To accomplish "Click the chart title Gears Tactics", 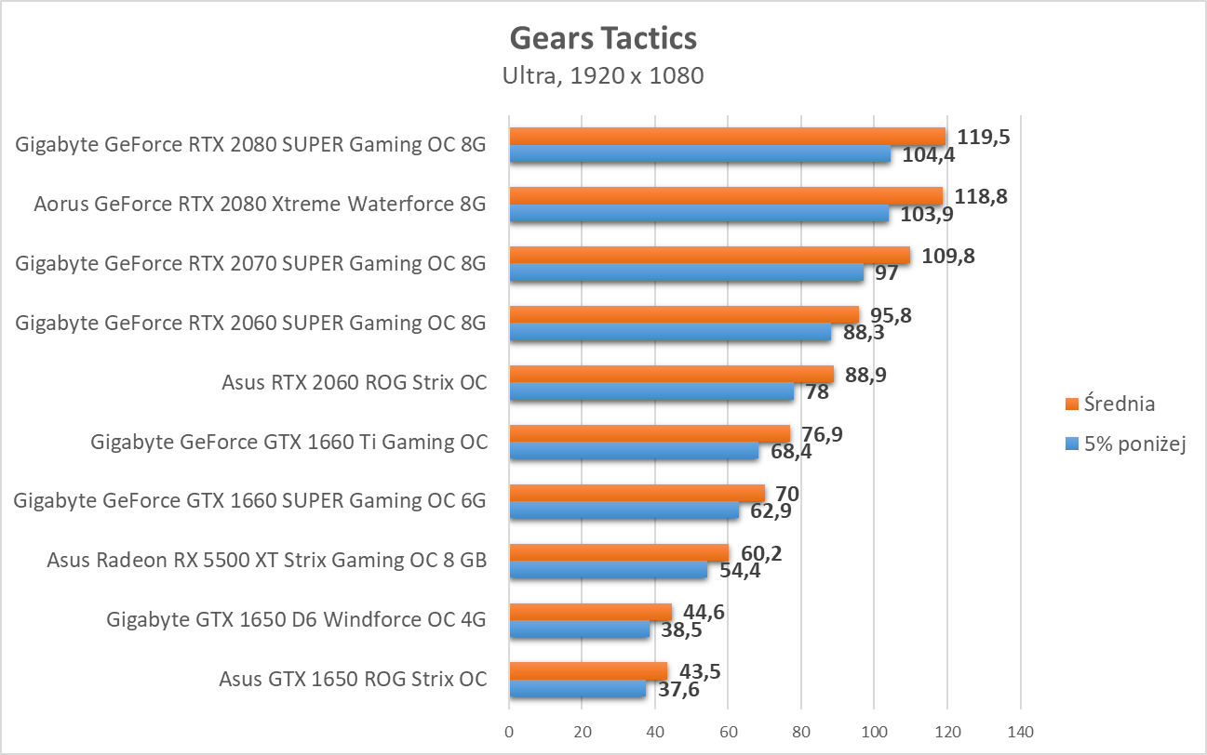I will pyautogui.click(x=603, y=38).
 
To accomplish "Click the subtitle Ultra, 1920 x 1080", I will pyautogui.click(x=603, y=76).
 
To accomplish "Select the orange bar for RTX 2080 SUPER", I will pyautogui.click(x=726, y=137).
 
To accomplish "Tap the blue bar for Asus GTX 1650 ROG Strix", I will pyautogui.click(x=577, y=689).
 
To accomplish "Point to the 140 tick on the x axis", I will pyautogui.click(x=1020, y=732).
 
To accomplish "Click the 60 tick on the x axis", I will pyautogui.click(x=728, y=732).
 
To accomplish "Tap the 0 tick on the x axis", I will pyautogui.click(x=509, y=732).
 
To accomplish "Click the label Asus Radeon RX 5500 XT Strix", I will pyautogui.click(x=267, y=560).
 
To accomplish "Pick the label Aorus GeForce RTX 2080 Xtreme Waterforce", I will pyautogui.click(x=260, y=204).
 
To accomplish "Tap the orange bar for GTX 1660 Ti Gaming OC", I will pyautogui.click(x=649, y=434).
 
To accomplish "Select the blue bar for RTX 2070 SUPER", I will pyautogui.click(x=686, y=272).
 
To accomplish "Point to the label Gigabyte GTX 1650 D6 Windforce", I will pyautogui.click(x=297, y=618).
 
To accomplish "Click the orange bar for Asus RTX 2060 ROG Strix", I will pyautogui.click(x=671, y=375).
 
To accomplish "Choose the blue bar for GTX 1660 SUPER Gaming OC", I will pyautogui.click(x=624, y=510).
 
